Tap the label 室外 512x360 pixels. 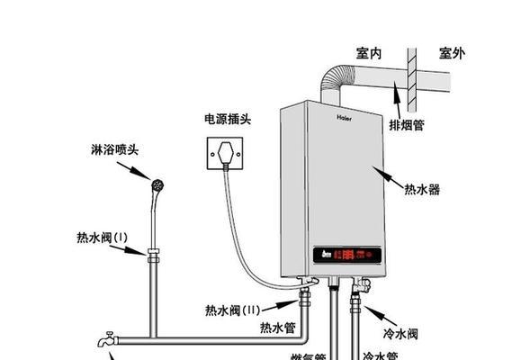click(x=452, y=54)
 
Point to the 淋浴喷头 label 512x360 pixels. click(x=114, y=149)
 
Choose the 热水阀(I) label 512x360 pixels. click(x=103, y=238)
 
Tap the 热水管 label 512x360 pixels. click(x=273, y=327)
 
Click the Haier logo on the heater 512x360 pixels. click(x=346, y=115)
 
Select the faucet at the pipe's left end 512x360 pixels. click(x=108, y=340)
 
